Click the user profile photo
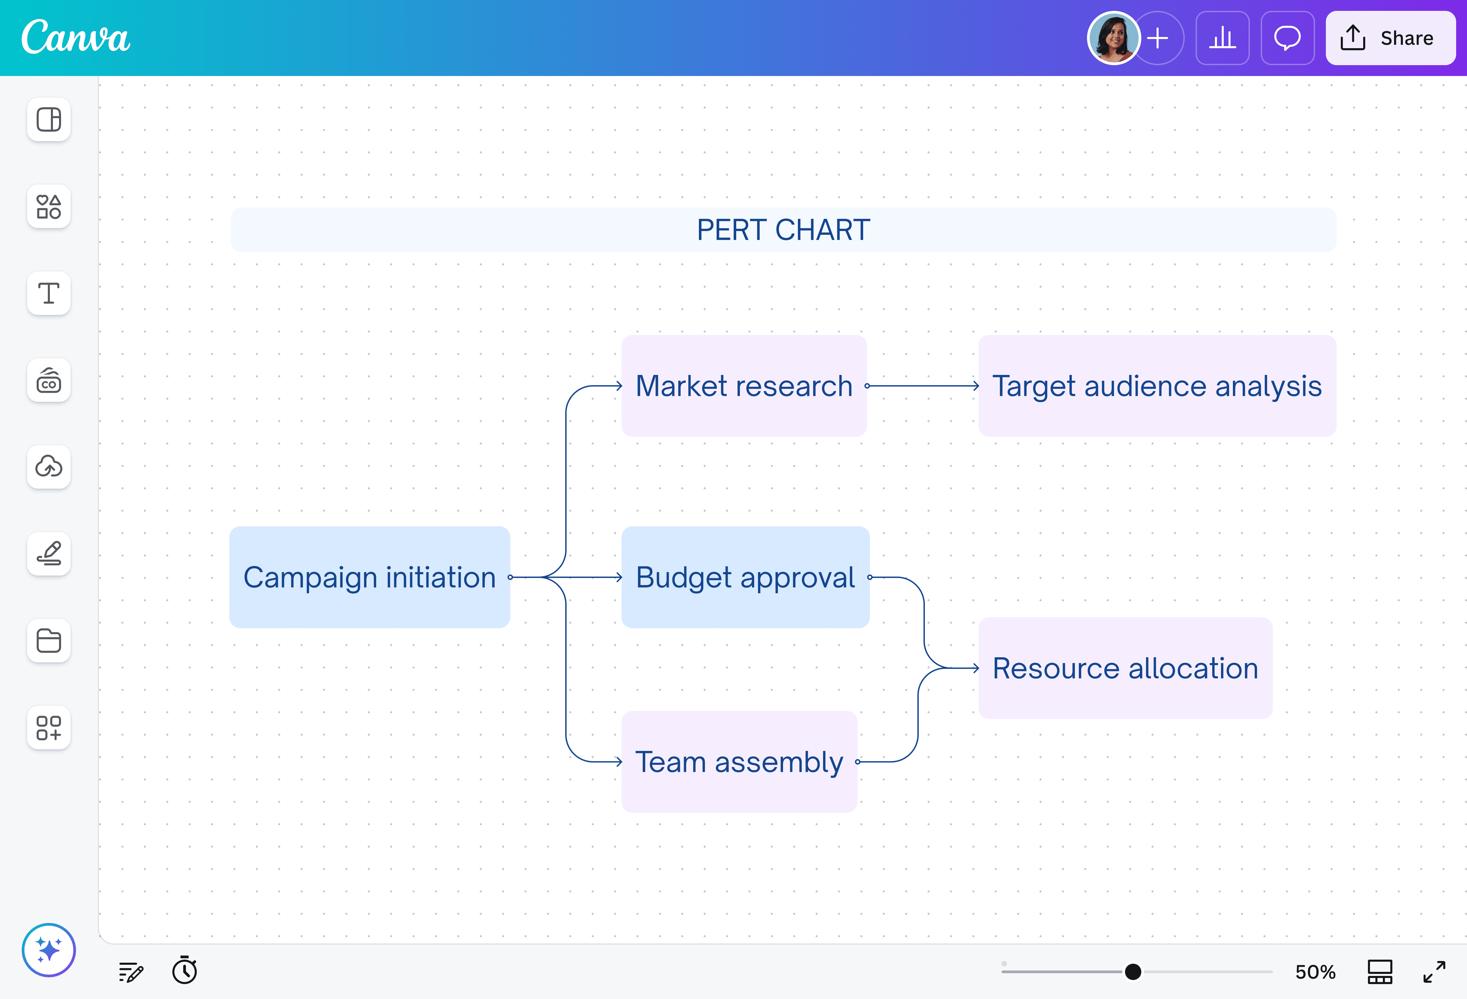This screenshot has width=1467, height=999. pos(1113,38)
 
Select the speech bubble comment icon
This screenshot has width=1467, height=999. pos(1287,38)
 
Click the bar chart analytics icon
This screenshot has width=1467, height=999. pos(1222,38)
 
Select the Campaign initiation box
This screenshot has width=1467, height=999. pos(369,577)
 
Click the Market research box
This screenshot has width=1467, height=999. pos(744,386)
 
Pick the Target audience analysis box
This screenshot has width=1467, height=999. pos(1157,386)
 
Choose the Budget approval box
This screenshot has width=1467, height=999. pos(745,577)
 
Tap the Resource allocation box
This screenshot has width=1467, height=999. pos(1125,668)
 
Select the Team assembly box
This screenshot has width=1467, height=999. pos(739,761)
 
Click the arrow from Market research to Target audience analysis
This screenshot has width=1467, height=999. pos(923,386)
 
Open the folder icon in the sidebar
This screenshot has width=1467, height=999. pos(49,640)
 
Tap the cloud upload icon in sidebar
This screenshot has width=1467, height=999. pos(49,467)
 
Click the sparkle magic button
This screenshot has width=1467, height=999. pos(49,950)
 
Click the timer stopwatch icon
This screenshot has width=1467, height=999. pos(184,970)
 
